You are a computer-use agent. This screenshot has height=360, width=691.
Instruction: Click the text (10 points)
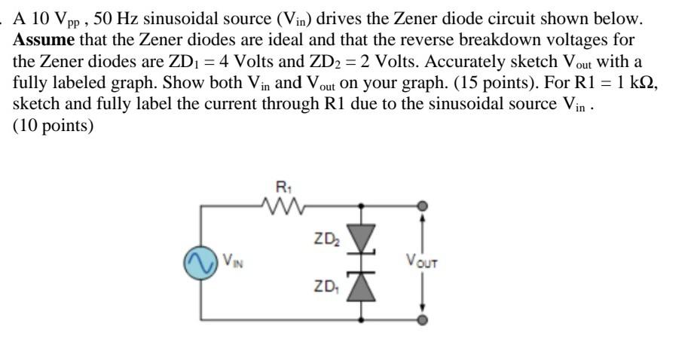(53, 126)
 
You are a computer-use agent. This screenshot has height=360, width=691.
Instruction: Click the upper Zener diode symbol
(363, 239)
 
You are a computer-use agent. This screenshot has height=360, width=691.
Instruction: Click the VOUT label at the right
(421, 262)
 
